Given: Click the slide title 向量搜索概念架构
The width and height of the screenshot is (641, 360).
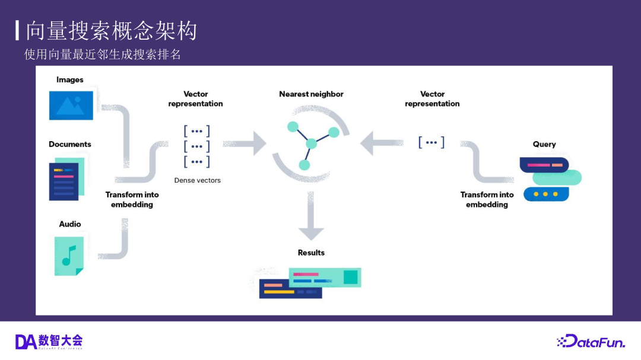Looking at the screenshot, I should tap(111, 31).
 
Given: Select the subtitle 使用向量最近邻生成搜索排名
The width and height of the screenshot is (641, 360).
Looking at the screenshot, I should tap(102, 55).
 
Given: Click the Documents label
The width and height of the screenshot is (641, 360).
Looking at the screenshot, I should tap(70, 144).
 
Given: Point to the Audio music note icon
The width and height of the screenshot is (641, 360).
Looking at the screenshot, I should tap(69, 256).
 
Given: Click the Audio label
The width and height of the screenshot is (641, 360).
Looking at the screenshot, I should tap(70, 224).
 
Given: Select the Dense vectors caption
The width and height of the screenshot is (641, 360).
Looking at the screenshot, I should tap(197, 180).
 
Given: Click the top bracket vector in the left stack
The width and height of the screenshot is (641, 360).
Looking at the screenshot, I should tap(196, 131).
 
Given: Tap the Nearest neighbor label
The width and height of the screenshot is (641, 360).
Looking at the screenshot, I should tap(311, 94).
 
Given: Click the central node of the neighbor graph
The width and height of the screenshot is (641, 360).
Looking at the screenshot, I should tap(311, 144).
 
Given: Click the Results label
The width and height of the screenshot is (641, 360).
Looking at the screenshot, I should tap(311, 253).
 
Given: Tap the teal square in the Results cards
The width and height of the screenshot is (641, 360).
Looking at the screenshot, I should tap(350, 277).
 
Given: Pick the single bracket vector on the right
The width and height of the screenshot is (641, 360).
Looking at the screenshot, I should tap(431, 142).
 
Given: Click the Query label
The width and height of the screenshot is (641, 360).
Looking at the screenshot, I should tap(544, 144).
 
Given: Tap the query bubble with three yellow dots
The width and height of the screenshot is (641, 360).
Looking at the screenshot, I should tap(546, 194).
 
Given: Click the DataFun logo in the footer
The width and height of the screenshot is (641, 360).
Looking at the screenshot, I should tap(591, 341).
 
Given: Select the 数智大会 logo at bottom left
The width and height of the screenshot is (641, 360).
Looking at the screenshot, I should tap(49, 341).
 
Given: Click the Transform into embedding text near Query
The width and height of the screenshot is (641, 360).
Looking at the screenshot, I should tap(487, 199).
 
